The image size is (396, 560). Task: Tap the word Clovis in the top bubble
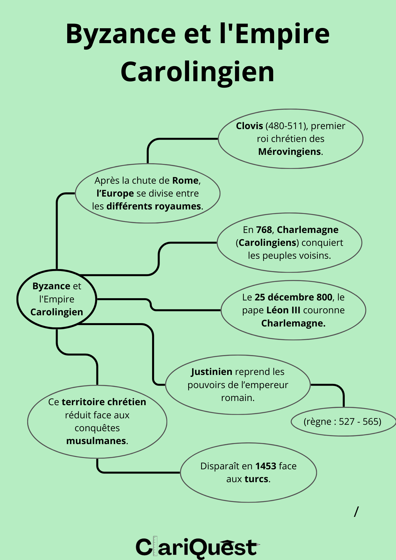coord(249,126)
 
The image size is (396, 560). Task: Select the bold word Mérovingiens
coord(289,152)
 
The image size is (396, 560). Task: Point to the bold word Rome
coord(185,181)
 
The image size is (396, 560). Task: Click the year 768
coord(264,230)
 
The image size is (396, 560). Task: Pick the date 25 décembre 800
coord(293,297)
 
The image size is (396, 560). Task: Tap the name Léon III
coord(283,310)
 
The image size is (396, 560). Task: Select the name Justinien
coord(212,372)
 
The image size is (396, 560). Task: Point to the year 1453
coord(266,466)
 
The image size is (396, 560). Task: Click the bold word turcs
coord(256,479)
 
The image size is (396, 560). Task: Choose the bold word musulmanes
coord(96,441)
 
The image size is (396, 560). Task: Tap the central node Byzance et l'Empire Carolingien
coord(57,299)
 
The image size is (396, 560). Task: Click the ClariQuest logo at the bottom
coord(197,547)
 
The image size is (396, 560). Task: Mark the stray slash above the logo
coord(356,512)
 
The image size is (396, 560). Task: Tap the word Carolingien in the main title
coord(197,72)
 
